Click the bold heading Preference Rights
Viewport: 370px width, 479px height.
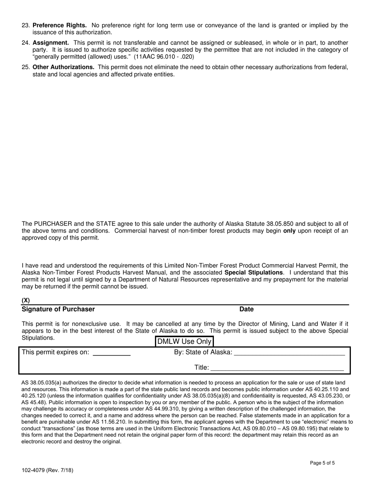pos(60,26)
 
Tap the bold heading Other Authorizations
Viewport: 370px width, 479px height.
pos(63,67)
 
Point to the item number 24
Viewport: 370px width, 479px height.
pos(26,43)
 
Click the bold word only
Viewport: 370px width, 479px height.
pos(289,231)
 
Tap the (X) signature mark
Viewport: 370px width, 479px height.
pos(26,300)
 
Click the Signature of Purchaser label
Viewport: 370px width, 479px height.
pos(58,309)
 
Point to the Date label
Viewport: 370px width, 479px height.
pos(247,309)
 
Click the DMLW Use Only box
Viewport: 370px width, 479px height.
pos(184,342)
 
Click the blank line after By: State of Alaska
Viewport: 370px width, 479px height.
pos(289,354)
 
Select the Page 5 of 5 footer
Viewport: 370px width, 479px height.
pos(322,463)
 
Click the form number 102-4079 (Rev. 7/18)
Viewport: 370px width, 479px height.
pos(47,470)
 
